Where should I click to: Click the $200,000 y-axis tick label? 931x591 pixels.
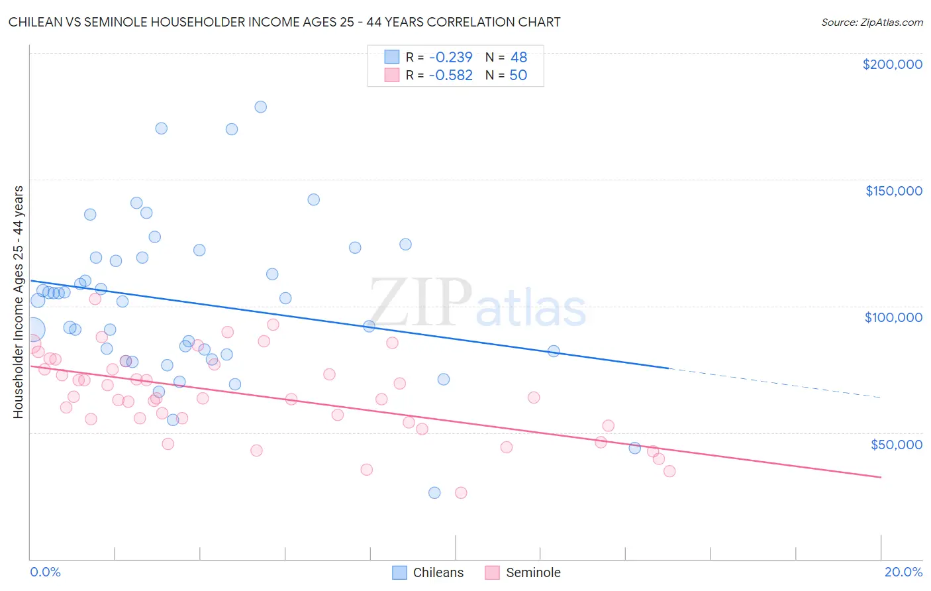[892, 64]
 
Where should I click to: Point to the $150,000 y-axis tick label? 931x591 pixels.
[893, 191]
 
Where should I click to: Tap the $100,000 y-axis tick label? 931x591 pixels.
[893, 317]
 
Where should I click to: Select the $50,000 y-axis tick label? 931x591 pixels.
[896, 444]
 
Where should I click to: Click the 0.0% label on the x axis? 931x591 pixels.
[45, 572]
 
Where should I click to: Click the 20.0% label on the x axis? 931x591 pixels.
[903, 572]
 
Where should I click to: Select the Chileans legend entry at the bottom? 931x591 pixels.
[428, 572]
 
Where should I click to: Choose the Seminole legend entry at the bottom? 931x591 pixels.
[523, 572]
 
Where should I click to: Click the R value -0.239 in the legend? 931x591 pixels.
[450, 57]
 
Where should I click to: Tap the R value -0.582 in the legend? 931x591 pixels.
[450, 75]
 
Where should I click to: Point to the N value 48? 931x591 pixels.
[518, 57]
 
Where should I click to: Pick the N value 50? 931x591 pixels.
[518, 75]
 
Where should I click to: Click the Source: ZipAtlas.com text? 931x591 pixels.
[871, 22]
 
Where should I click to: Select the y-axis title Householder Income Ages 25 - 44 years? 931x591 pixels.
[18, 302]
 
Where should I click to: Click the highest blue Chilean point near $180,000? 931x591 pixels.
[260, 107]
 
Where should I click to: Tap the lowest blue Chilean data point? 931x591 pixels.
[434, 492]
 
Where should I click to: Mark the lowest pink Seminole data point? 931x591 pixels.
[461, 492]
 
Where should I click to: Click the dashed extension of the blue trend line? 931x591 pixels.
[775, 382]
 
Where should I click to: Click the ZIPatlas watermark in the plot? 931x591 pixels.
[477, 303]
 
